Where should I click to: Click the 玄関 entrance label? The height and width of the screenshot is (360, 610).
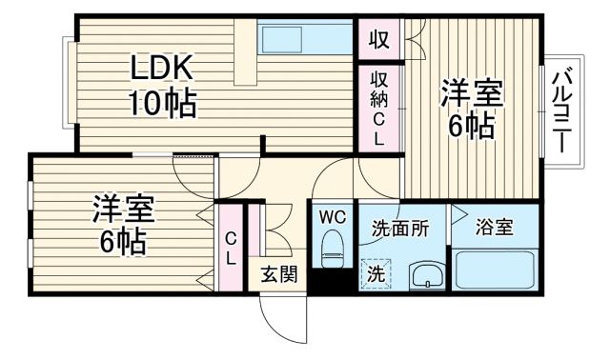tap(278, 275)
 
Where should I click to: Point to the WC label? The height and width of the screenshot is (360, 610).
tap(331, 216)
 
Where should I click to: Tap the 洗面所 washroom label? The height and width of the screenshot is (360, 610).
tap(400, 229)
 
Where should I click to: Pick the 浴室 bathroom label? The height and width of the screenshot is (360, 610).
tap(496, 228)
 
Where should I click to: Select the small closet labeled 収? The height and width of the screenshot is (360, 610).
tap(378, 40)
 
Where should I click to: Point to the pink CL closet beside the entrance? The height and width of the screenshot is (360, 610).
tap(231, 248)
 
